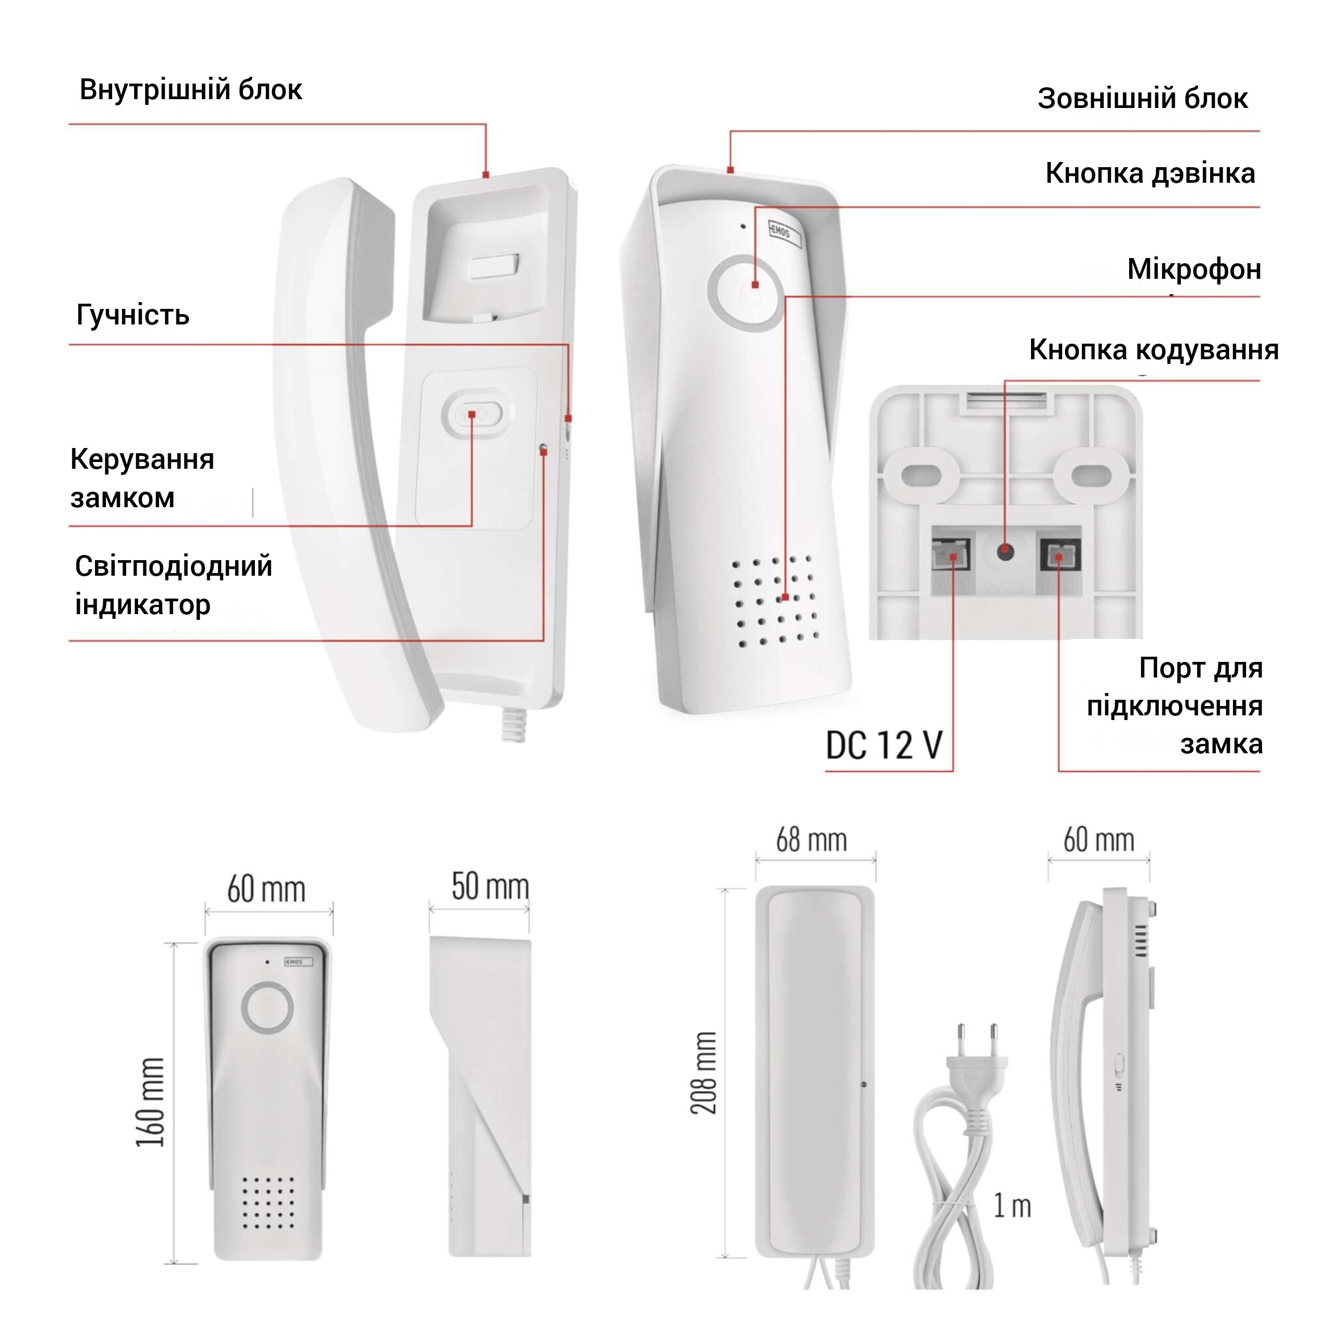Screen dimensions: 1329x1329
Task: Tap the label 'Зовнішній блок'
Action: click(1143, 98)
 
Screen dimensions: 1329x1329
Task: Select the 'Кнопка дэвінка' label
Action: click(1150, 173)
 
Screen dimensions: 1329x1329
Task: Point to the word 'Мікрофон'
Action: click(1194, 269)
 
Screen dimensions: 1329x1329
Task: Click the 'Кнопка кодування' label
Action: click(1154, 350)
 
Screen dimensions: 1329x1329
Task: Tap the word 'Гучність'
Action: click(133, 315)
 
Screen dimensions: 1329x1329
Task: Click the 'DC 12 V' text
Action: click(884, 745)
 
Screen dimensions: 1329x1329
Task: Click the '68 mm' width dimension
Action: click(812, 840)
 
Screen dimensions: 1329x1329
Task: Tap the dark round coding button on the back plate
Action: click(1006, 550)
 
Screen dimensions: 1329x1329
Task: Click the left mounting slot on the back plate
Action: click(921, 474)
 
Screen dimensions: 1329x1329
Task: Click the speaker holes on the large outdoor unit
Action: click(775, 601)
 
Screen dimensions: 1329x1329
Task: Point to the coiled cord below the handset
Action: click(513, 725)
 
